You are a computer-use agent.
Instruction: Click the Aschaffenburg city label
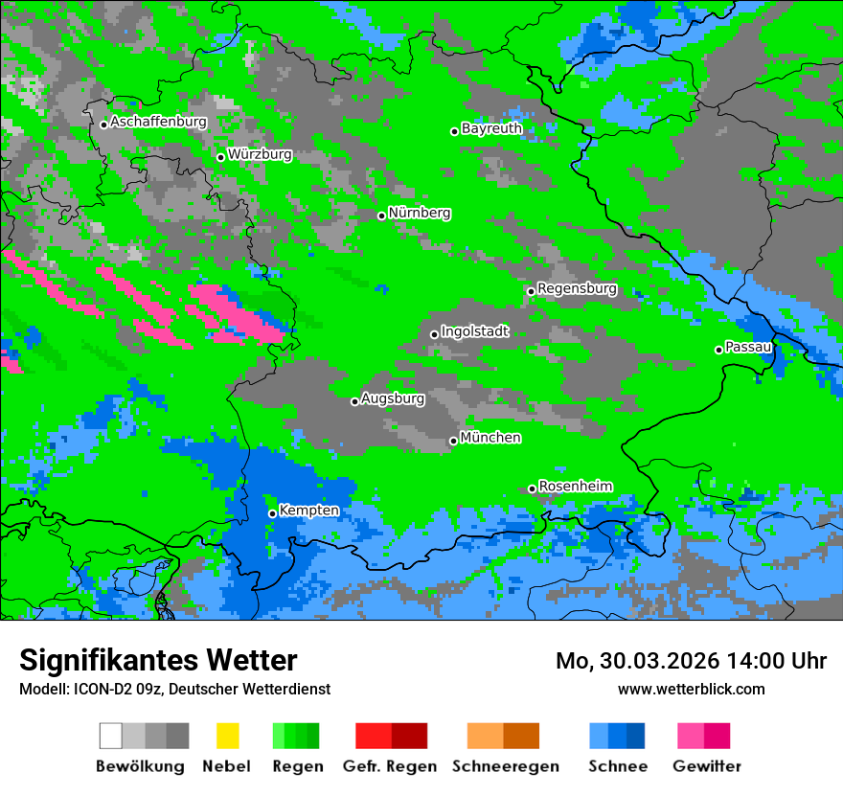click(x=158, y=123)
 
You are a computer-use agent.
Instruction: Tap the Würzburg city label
click(x=260, y=154)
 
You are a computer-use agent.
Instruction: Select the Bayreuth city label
click(x=491, y=128)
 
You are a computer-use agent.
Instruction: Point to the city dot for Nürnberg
click(x=381, y=216)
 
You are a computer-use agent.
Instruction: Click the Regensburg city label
click(x=577, y=288)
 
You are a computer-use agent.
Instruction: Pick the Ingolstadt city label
click(x=475, y=331)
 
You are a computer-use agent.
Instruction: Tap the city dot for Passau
click(x=718, y=350)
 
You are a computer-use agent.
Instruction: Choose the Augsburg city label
click(x=393, y=398)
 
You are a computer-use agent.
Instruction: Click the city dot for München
click(x=453, y=441)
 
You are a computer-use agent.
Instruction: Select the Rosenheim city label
click(x=575, y=487)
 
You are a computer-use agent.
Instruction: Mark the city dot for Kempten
click(x=272, y=513)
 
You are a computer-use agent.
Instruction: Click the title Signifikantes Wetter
click(x=158, y=661)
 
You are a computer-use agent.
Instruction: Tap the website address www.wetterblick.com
click(x=691, y=690)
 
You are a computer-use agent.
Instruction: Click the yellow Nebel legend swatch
click(x=227, y=736)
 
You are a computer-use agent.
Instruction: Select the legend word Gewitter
click(x=707, y=766)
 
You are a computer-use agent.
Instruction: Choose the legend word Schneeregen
click(x=506, y=766)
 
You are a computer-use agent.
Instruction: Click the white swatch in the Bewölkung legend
click(x=110, y=736)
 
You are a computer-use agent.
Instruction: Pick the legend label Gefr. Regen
click(x=389, y=766)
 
